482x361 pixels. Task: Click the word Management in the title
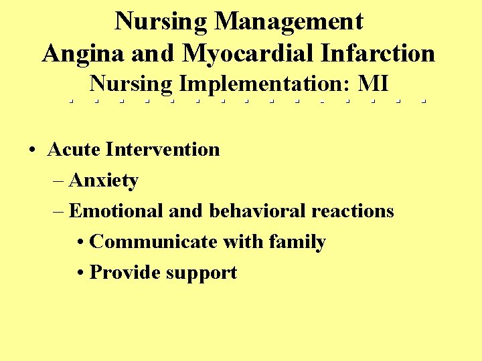[x=289, y=22]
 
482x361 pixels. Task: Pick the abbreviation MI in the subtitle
[x=374, y=84]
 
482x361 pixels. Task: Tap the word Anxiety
[x=104, y=180]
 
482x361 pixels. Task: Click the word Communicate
[x=150, y=242]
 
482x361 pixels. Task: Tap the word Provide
[x=124, y=273]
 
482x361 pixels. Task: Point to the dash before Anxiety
[x=58, y=181]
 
